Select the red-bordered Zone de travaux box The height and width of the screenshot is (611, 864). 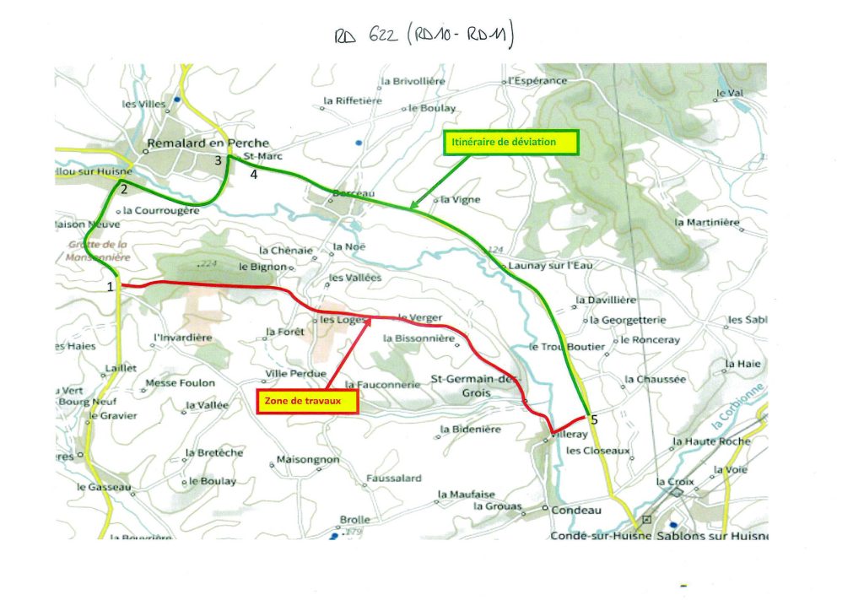coord(308,402)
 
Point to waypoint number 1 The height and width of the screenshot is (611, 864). coord(111,287)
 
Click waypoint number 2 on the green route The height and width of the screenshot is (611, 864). coord(123,189)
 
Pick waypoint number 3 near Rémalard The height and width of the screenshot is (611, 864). coord(218,160)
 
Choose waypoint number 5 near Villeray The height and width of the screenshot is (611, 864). coord(594,419)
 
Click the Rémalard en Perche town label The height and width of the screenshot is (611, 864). coord(208,143)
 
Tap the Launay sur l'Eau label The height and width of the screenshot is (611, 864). coord(548,266)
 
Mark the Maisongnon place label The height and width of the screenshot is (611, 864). coord(308,460)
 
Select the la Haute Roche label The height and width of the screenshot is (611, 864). coord(711,441)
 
